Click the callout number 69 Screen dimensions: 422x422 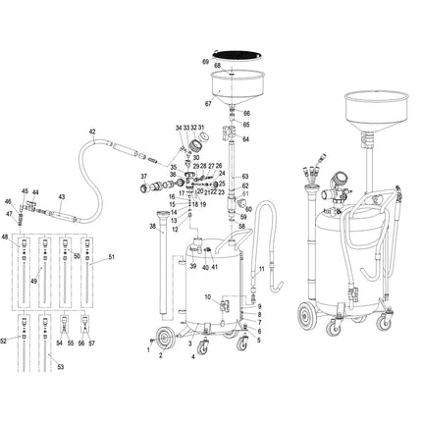pos(205,62)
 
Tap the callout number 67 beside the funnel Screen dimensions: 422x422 pos(208,103)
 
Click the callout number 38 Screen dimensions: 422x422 pos(153,225)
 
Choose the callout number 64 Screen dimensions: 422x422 pos(246,139)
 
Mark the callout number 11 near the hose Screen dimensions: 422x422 pos(262,268)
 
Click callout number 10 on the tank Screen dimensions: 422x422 pos(207,297)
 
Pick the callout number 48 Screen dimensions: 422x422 pos(5,237)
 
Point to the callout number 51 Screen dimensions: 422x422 pos(111,257)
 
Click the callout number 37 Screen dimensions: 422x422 pos(143,177)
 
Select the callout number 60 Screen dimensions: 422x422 pos(249,208)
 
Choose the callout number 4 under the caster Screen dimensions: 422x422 pos(193,357)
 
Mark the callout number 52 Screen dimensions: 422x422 pos(5,341)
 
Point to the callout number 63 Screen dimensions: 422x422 pos(246,174)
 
